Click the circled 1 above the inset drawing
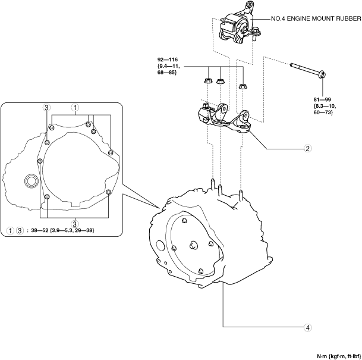pyautogui.click(x=75, y=108)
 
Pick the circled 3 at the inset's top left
pyautogui.click(x=46, y=108)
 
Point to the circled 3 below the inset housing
pyautogui.click(x=75, y=223)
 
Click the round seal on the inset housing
pyautogui.click(x=30, y=180)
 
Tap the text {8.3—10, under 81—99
pyautogui.click(x=325, y=106)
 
